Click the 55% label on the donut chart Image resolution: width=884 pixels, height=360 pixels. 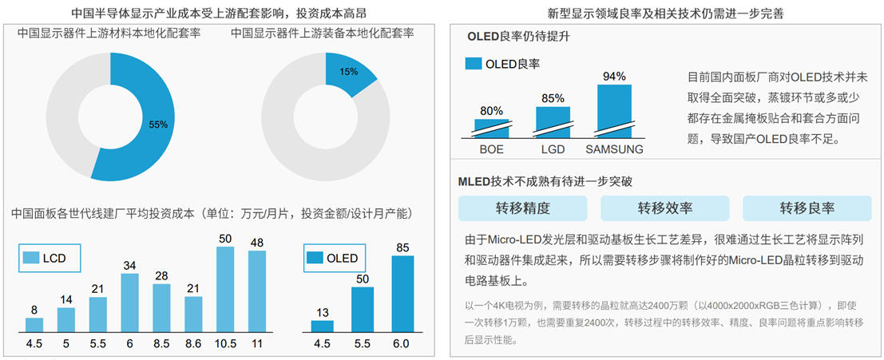pyautogui.click(x=158, y=125)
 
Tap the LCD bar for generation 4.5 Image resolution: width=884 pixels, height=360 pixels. pyautogui.click(x=34, y=324)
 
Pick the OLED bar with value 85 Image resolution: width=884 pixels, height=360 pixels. pyautogui.click(x=403, y=293)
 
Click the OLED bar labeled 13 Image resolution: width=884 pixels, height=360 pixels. pyautogui.click(x=322, y=325)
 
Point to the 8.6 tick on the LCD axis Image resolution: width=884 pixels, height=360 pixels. pyautogui.click(x=193, y=345)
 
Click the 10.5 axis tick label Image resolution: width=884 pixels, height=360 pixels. pyautogui.click(x=226, y=345)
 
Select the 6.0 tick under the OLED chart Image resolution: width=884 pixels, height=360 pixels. pyautogui.click(x=402, y=345)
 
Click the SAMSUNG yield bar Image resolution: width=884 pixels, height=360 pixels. pyautogui.click(x=614, y=110)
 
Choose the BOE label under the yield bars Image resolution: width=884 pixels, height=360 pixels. pyautogui.click(x=491, y=149)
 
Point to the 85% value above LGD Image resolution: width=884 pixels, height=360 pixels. pyautogui.click(x=553, y=99)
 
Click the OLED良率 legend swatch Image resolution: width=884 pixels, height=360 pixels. pyautogui.click(x=474, y=63)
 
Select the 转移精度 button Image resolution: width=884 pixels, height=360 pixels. pyautogui.click(x=522, y=208)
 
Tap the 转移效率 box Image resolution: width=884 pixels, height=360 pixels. pyautogui.click(x=664, y=208)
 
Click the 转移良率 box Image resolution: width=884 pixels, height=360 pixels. pyautogui.click(x=807, y=208)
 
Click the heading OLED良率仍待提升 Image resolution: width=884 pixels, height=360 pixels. pyautogui.click(x=519, y=37)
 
